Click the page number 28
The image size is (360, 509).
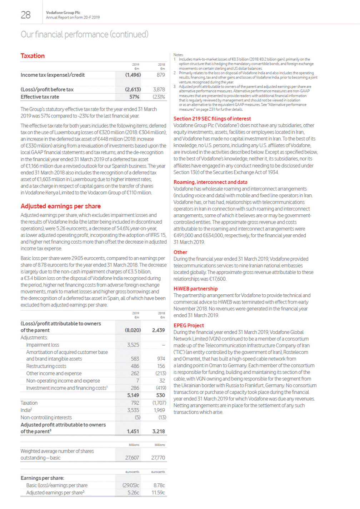[x=26, y=15]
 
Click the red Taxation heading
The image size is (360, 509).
[x=32, y=56]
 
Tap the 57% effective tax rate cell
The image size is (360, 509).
[x=134, y=97]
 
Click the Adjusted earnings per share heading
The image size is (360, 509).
[x=61, y=206]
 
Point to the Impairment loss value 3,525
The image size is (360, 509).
[x=133, y=345]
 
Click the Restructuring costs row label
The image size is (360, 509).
[x=46, y=366]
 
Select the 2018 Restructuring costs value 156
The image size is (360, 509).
[x=161, y=366]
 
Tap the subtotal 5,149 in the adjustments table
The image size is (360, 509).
[x=133, y=395]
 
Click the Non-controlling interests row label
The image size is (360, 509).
[x=46, y=418]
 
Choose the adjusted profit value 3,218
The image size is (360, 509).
[x=159, y=431]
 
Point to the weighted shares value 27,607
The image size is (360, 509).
[x=132, y=458]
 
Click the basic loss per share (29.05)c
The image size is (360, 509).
[x=131, y=485]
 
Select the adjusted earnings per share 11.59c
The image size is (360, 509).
[x=158, y=493]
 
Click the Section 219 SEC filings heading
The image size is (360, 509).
[x=212, y=119]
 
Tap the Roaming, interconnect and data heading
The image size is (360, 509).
[x=210, y=182]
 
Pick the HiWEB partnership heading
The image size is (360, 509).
[x=195, y=289]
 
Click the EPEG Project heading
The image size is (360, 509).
[x=189, y=325]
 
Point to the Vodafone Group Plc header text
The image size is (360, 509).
[x=63, y=13]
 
